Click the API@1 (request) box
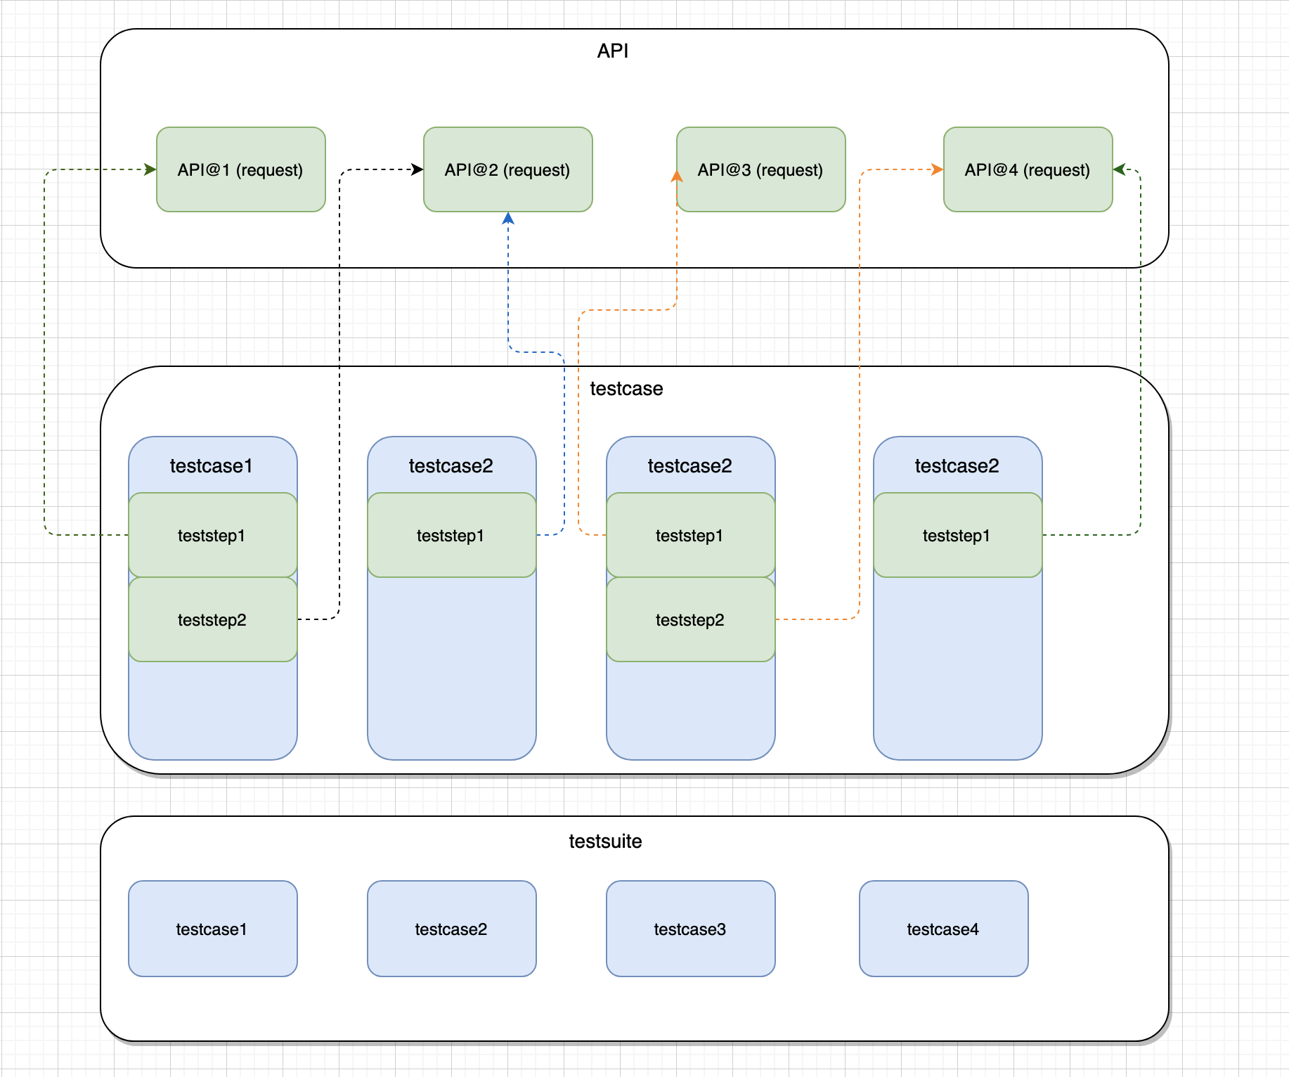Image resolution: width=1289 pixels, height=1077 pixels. (241, 169)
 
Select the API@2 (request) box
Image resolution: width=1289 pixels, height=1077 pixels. (508, 169)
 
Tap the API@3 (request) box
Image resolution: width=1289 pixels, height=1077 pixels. (761, 169)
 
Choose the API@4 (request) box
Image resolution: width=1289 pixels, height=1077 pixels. (1028, 169)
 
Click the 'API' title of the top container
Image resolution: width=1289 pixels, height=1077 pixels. (613, 51)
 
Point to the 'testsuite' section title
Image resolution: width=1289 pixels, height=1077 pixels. (605, 841)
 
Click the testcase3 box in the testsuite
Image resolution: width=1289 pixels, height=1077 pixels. (691, 929)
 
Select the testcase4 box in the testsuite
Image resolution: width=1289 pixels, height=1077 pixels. (944, 929)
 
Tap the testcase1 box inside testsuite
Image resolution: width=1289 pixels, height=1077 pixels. (213, 929)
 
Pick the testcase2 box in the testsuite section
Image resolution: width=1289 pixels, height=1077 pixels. (452, 929)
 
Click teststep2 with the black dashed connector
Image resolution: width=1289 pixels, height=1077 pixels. (213, 619)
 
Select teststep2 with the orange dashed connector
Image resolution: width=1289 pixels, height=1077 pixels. (691, 619)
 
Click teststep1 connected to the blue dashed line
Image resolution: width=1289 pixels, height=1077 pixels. (452, 535)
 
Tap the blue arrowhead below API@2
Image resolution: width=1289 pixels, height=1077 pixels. (508, 218)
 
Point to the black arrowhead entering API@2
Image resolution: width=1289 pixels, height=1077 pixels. (417, 169)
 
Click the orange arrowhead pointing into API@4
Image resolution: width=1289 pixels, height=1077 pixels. (938, 169)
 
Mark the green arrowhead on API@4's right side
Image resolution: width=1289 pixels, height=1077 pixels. (1119, 169)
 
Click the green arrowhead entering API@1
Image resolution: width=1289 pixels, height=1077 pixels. (150, 169)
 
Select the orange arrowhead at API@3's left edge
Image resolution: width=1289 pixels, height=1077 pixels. (677, 176)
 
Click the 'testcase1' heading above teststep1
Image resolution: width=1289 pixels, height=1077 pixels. (211, 466)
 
